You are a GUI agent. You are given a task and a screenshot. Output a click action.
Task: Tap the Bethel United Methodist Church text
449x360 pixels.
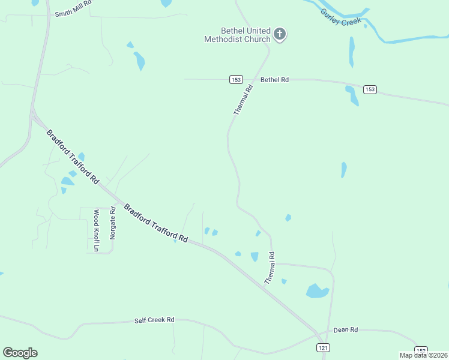(x=237, y=35)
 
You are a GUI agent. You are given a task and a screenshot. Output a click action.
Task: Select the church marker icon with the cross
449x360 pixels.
(x=280, y=34)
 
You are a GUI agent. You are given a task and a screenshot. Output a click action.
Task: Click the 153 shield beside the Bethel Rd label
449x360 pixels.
(x=236, y=79)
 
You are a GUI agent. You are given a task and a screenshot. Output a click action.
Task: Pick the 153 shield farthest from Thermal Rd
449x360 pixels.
(x=370, y=89)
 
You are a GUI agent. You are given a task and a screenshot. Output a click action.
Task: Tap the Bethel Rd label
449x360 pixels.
(x=274, y=79)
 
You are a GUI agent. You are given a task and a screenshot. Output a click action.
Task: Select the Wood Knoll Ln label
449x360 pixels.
(x=95, y=230)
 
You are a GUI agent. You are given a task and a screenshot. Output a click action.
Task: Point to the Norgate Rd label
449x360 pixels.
(x=112, y=223)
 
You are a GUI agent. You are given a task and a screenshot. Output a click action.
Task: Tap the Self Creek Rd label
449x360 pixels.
(x=154, y=320)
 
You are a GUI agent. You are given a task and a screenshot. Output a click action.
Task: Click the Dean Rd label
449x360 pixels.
(x=346, y=329)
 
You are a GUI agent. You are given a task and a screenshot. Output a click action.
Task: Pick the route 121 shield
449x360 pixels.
(x=324, y=347)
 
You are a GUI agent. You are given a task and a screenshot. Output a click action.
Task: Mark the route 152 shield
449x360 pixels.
(x=421, y=350)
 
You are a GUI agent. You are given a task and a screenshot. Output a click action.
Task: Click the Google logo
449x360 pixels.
(x=20, y=353)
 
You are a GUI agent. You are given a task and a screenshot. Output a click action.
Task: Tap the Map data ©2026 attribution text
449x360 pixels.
(x=423, y=355)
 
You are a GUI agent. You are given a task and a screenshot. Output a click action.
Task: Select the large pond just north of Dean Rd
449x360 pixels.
(x=317, y=292)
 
